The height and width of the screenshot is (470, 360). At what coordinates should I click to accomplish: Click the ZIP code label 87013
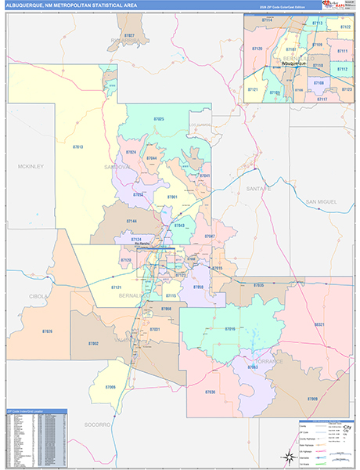(78, 146)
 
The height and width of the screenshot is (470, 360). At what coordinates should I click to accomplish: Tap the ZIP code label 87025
(159, 119)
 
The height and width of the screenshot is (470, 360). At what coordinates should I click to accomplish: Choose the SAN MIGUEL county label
(322, 202)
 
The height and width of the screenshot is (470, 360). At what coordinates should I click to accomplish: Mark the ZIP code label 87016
(229, 329)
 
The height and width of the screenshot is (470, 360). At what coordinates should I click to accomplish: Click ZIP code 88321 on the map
(319, 324)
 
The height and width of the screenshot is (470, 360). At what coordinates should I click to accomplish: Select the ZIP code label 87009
(312, 398)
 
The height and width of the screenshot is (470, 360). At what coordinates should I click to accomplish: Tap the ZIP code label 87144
(131, 222)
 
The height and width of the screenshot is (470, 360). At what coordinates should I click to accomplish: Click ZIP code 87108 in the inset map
(318, 82)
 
